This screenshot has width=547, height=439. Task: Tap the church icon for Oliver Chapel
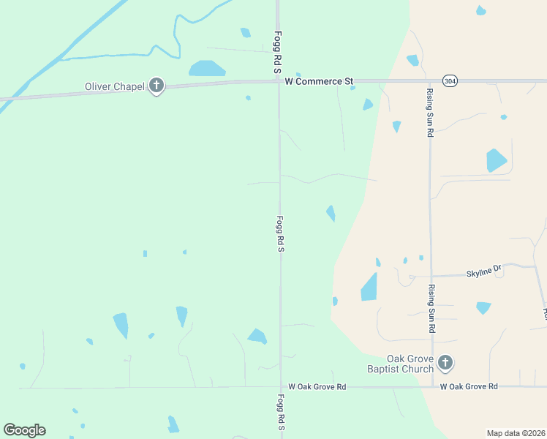click(x=156, y=86)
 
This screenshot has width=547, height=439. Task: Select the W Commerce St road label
click(x=319, y=80)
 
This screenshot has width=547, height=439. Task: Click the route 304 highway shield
click(x=450, y=80)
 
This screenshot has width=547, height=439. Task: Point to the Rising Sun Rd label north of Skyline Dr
click(x=431, y=113)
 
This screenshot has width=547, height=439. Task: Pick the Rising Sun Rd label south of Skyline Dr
click(x=431, y=309)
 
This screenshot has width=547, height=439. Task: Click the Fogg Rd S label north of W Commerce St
click(x=278, y=52)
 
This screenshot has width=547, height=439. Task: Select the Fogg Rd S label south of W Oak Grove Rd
click(x=281, y=416)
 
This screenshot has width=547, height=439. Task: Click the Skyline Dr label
click(x=484, y=271)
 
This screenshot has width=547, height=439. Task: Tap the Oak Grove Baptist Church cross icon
click(x=445, y=361)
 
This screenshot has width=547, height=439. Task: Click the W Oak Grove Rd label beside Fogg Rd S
click(x=317, y=386)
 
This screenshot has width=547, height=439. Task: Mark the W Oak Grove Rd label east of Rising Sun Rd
click(x=469, y=386)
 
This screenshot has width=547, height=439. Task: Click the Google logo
click(x=24, y=430)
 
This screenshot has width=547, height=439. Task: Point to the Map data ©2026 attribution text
click(x=516, y=433)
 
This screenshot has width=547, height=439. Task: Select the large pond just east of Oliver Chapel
click(x=207, y=69)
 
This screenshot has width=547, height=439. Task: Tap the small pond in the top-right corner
click(x=480, y=10)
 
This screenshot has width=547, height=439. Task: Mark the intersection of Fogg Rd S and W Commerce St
click(x=278, y=80)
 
